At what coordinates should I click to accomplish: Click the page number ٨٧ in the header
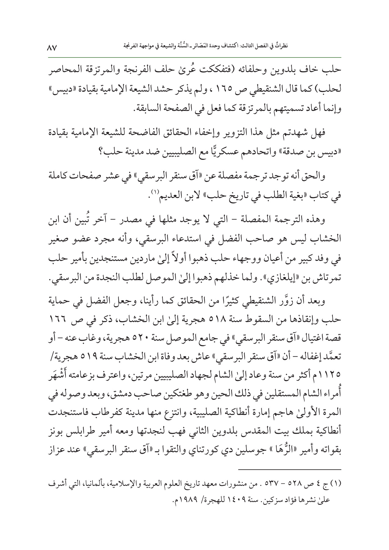click(52, 48)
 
